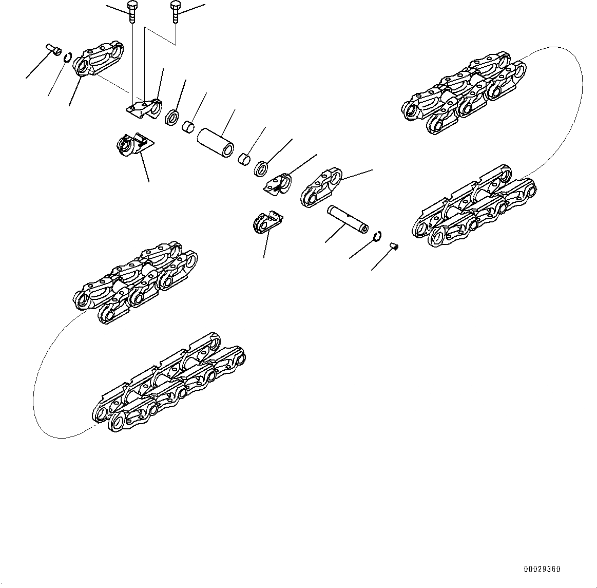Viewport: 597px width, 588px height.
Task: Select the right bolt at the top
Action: pos(175,11)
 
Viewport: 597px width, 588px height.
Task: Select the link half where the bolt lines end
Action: pos(144,109)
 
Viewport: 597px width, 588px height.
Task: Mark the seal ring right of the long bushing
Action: pos(261,168)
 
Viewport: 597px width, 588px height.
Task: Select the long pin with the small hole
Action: pos(348,219)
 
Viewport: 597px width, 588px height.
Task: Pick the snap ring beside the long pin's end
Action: pos(377,236)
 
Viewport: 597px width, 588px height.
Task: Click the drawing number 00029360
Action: pos(542,570)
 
